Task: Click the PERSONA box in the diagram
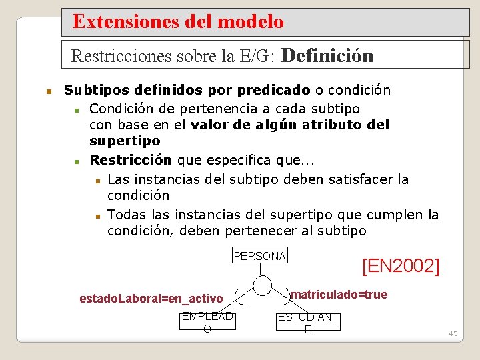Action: click(260, 256)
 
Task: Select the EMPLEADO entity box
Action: click(207, 322)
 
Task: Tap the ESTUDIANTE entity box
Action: click(308, 322)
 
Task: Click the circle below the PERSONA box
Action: click(262, 285)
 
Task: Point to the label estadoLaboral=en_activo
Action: click(151, 298)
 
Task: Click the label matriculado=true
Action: click(339, 295)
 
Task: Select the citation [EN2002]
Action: click(400, 266)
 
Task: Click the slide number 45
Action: click(453, 333)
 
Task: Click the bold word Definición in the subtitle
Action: click(328, 55)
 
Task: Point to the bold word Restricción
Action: click(131, 160)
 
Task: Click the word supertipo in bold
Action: click(125, 141)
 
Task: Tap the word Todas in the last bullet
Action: click(126, 214)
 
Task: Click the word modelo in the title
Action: click(251, 22)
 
